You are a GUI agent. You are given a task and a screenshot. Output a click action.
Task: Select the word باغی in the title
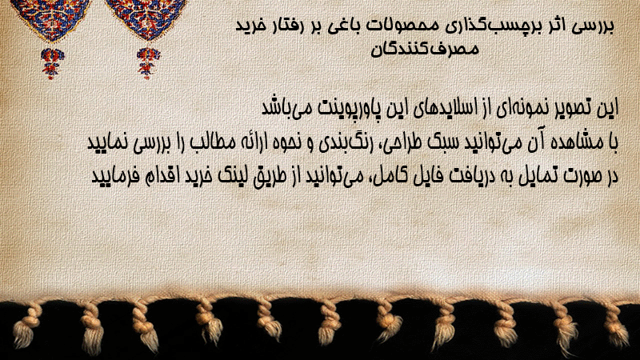(x=347, y=26)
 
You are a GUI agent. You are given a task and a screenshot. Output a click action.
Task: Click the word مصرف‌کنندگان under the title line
(x=425, y=49)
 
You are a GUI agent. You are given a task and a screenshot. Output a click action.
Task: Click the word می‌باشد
(x=285, y=108)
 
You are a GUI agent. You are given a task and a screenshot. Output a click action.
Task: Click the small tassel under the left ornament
(x=52, y=63)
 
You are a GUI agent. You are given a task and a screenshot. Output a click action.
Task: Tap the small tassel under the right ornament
(x=148, y=63)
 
